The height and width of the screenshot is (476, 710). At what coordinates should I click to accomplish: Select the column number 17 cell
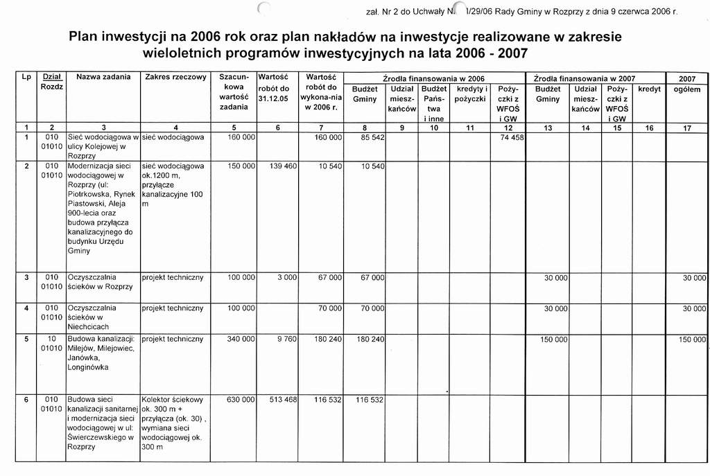(x=686, y=127)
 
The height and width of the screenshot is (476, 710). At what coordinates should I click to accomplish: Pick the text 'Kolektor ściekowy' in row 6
(x=172, y=400)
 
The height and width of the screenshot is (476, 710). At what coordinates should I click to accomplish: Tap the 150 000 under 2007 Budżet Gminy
(x=554, y=340)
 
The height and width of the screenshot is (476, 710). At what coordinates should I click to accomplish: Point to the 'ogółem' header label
(x=686, y=89)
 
